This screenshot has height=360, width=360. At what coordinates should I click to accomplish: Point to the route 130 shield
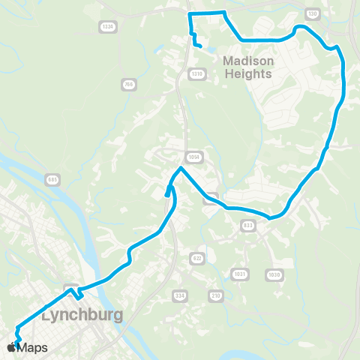(x=313, y=14)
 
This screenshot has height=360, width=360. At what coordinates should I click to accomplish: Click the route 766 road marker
(x=129, y=85)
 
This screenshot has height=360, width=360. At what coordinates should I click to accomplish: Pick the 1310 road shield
(x=197, y=73)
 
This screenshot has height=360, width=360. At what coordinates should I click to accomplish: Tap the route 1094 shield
(x=194, y=157)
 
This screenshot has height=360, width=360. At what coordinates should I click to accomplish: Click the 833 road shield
(x=248, y=225)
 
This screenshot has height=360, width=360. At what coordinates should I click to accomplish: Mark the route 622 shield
(x=197, y=257)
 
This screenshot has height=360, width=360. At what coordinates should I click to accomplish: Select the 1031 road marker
(x=239, y=273)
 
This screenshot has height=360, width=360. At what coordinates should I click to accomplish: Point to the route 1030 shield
(x=274, y=275)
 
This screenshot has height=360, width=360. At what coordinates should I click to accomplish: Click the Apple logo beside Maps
(x=11, y=347)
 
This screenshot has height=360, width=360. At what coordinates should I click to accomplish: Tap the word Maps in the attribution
(x=32, y=347)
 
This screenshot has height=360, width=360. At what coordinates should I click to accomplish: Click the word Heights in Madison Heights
(x=248, y=73)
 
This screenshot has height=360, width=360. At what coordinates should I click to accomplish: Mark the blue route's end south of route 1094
(x=166, y=196)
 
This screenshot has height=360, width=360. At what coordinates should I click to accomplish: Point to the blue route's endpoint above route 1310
(x=200, y=46)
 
